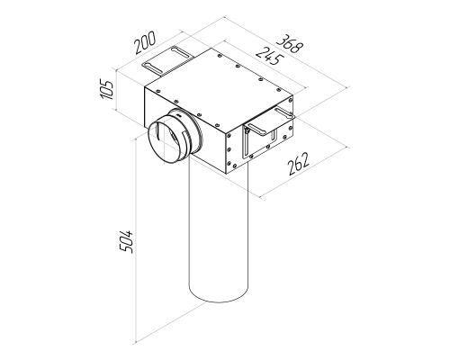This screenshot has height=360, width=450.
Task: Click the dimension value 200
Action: coord(145,42)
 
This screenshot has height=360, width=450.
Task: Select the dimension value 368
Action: coord(290,44)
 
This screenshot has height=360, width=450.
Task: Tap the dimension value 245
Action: coord(270,56)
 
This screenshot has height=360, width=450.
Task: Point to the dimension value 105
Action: coord(107,89)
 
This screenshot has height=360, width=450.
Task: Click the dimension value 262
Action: coord(298,164)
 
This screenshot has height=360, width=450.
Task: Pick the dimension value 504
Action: coord(126,242)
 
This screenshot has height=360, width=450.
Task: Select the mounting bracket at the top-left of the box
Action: coord(168,61)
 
